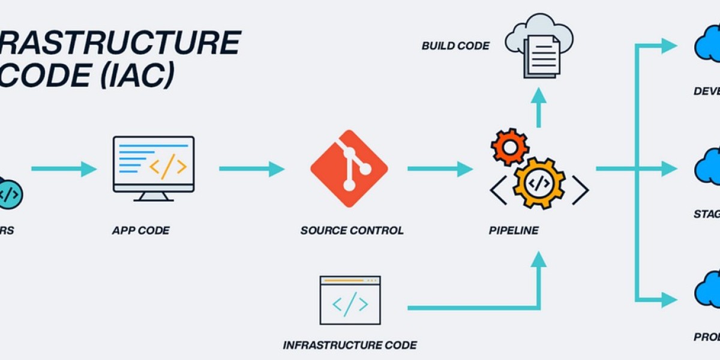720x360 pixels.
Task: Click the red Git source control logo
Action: click(x=349, y=169)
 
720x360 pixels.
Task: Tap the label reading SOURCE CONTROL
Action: click(x=352, y=230)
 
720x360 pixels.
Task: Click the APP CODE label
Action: click(x=141, y=230)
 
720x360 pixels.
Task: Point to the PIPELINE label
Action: click(x=514, y=230)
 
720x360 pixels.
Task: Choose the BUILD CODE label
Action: click(x=455, y=46)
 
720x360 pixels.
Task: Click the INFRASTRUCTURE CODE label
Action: click(x=350, y=345)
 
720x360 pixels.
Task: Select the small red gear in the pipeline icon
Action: click(x=509, y=146)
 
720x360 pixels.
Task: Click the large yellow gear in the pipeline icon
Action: click(x=538, y=184)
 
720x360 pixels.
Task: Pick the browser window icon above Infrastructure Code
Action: click(x=350, y=300)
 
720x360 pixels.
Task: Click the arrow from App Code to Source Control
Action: click(x=251, y=169)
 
